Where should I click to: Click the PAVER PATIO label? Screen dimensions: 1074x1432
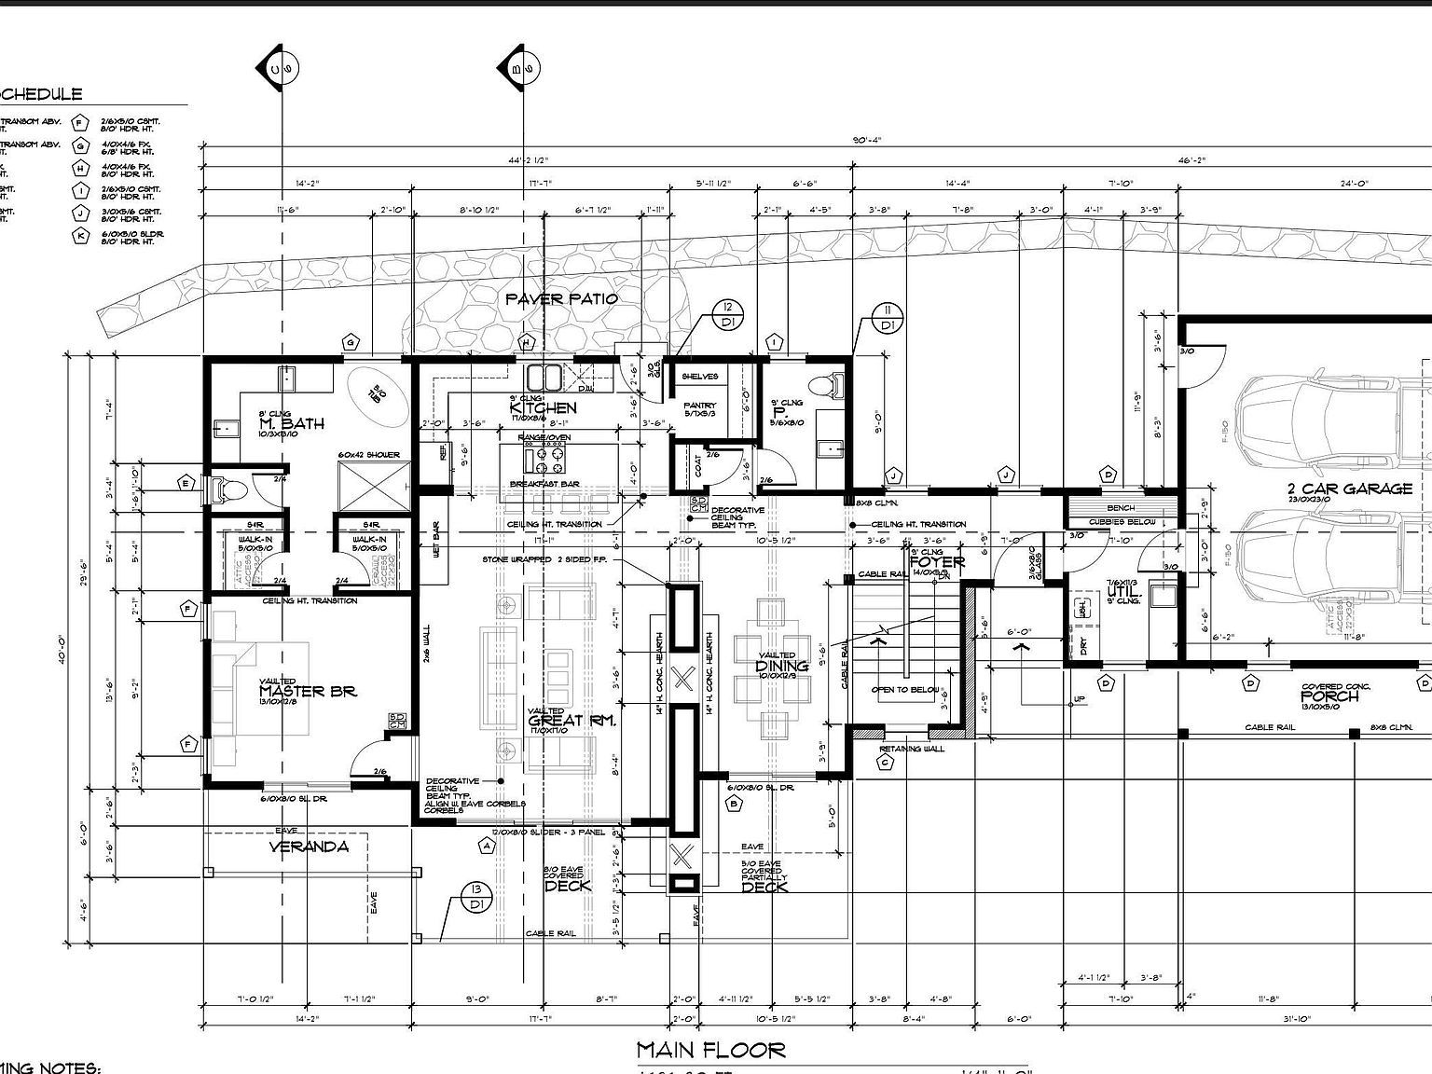coord(561,298)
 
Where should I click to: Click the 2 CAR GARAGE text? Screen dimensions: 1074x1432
coord(1349,489)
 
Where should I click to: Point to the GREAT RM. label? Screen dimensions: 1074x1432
coord(569,721)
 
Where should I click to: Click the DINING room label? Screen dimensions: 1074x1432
coord(781,666)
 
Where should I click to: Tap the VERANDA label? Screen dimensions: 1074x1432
coord(309,847)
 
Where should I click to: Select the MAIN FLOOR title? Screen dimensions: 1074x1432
coord(710,1050)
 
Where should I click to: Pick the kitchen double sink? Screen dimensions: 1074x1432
coord(544,378)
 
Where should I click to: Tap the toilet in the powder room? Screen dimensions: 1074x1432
coord(821,385)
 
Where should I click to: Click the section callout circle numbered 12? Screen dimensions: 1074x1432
coord(727,315)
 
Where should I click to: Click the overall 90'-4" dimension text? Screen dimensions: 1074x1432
coord(866,141)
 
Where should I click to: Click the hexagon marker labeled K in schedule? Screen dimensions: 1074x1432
coord(81,236)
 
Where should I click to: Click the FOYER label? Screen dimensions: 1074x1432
coord(936,562)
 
